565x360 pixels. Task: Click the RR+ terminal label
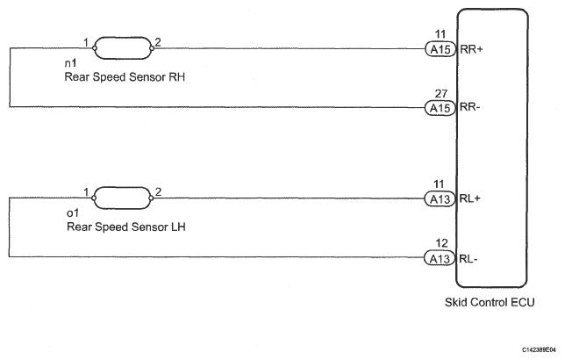472,50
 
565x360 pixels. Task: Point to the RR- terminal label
471,107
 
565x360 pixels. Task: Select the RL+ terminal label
471,199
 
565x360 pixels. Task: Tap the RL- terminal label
470,258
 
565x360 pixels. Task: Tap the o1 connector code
71,213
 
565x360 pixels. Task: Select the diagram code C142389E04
531,349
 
